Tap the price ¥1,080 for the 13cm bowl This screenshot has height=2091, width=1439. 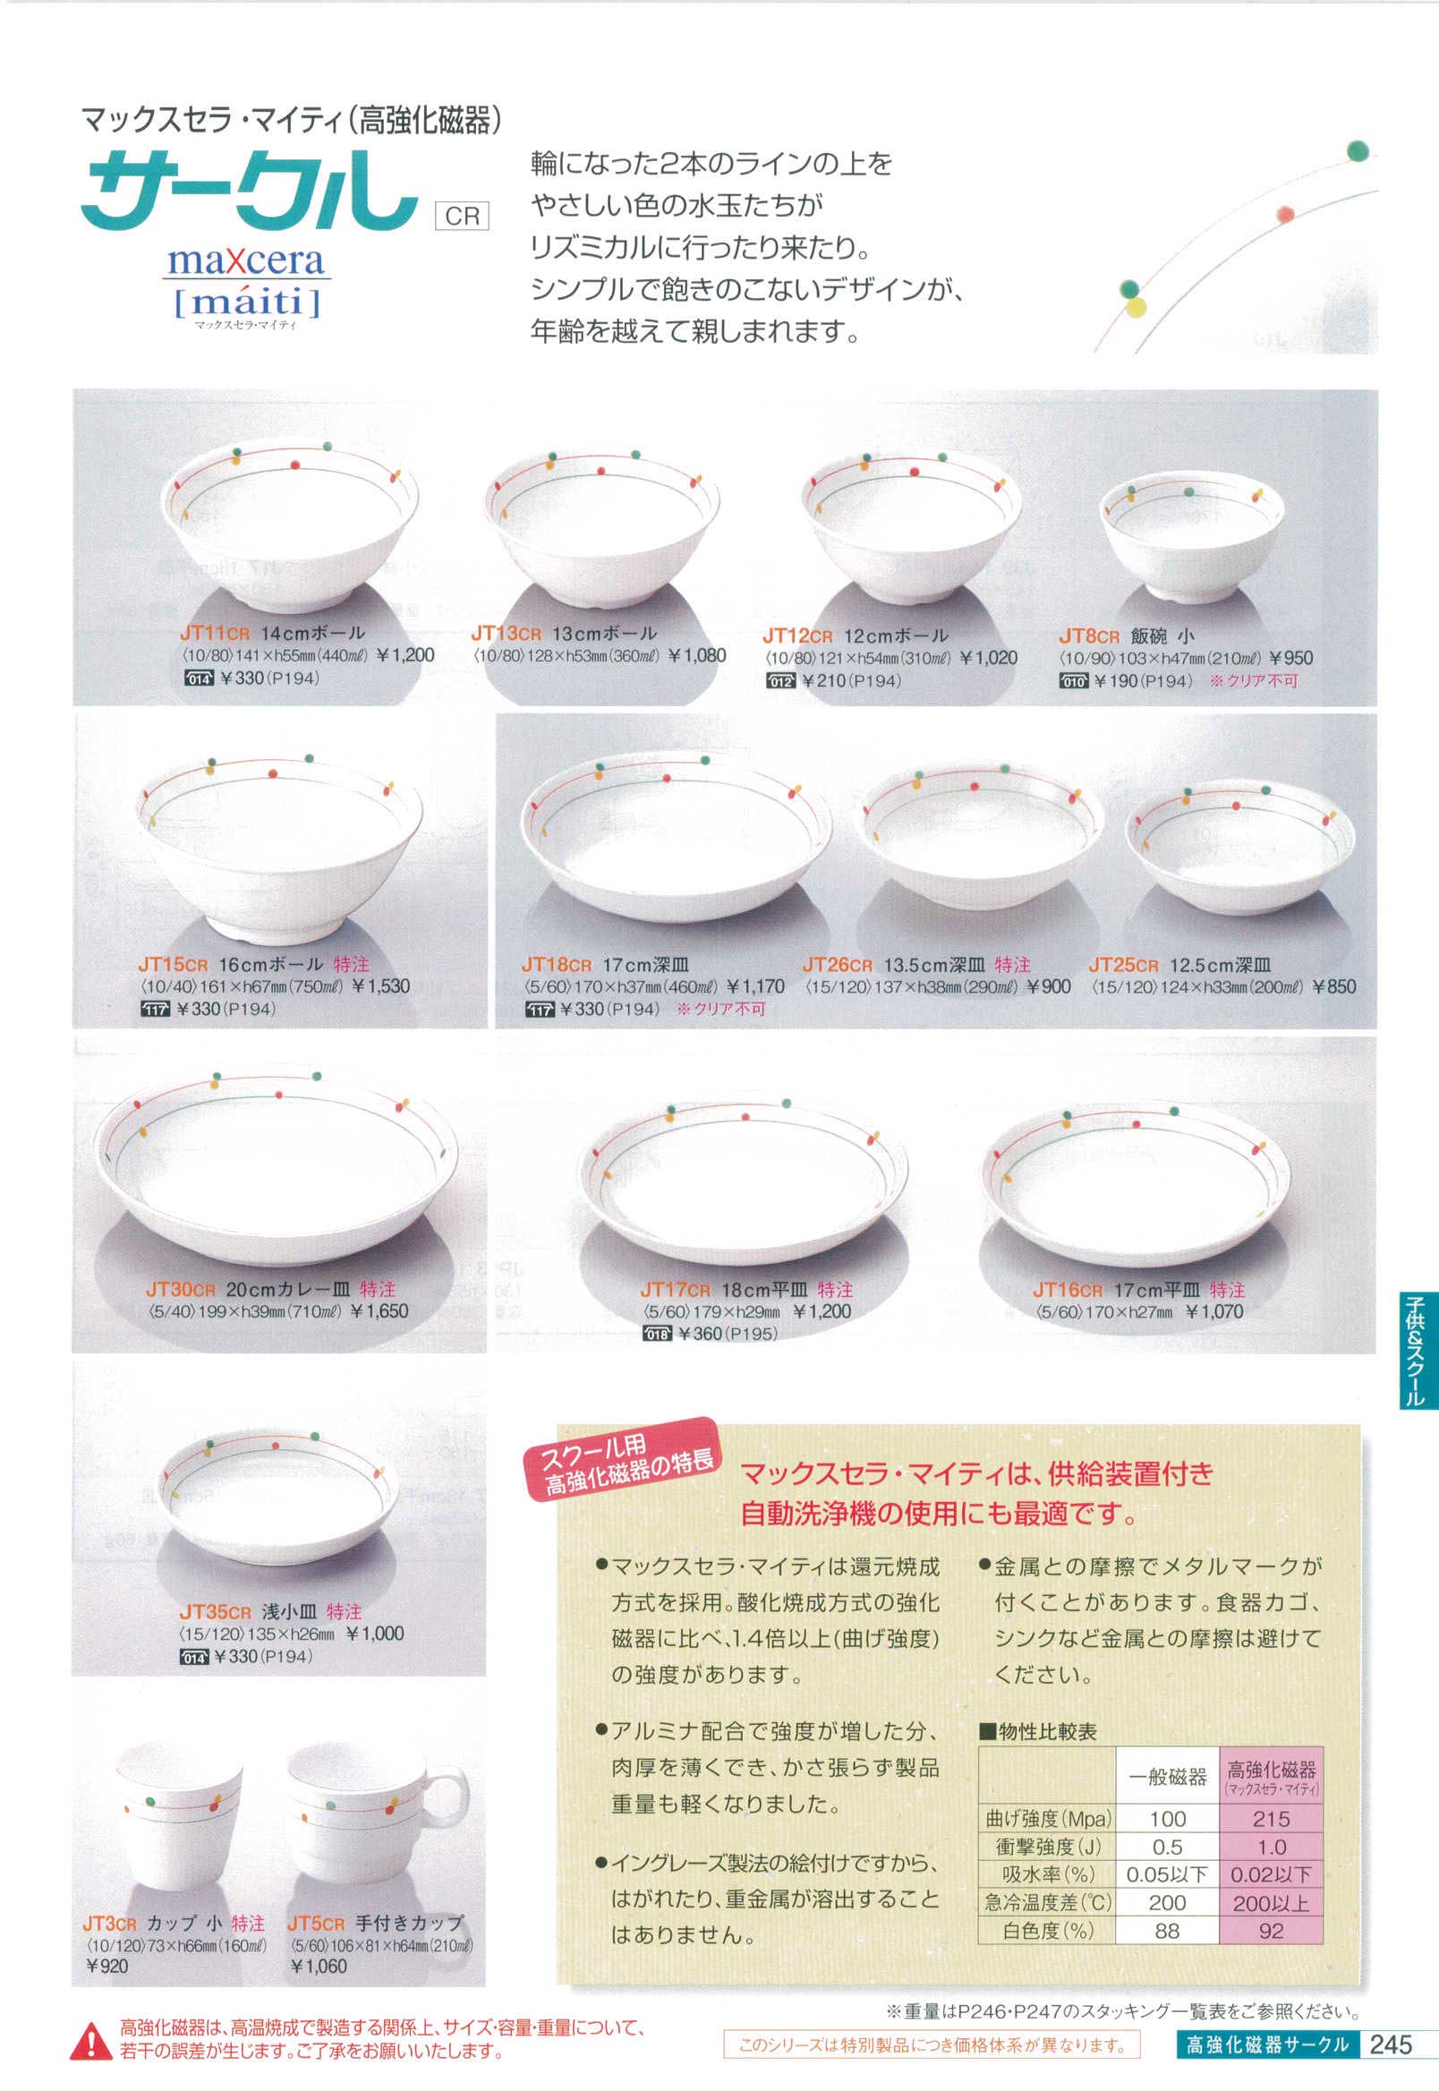(697, 655)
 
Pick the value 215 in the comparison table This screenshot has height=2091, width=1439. (1271, 1819)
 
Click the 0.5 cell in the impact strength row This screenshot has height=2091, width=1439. (1167, 1847)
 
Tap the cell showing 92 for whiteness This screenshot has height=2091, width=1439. (1271, 1931)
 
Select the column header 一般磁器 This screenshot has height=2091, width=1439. (1168, 1776)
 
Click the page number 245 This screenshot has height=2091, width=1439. (1391, 2044)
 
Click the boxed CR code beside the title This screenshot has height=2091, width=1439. (462, 217)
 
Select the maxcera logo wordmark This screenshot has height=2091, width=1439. (245, 260)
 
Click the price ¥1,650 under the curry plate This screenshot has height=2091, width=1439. (379, 1311)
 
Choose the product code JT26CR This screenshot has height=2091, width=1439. (838, 965)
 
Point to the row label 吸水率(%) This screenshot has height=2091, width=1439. (1047, 1874)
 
